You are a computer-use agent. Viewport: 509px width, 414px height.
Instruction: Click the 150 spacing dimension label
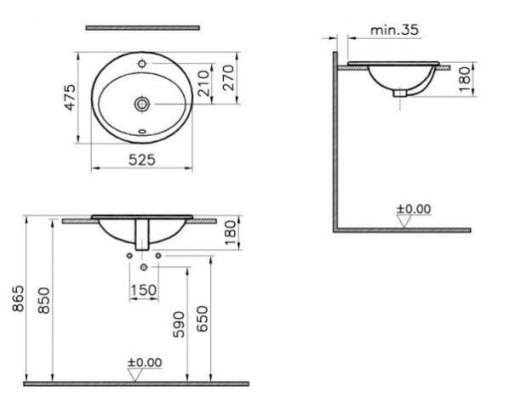coord(142,291)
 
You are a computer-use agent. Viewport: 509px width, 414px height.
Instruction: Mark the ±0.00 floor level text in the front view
coord(144,362)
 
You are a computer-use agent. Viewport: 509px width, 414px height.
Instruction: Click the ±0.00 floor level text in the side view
coord(415,208)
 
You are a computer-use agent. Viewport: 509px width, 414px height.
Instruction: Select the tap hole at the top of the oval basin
coord(142,64)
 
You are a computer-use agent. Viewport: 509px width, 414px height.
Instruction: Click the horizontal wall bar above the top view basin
coord(142,28)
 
